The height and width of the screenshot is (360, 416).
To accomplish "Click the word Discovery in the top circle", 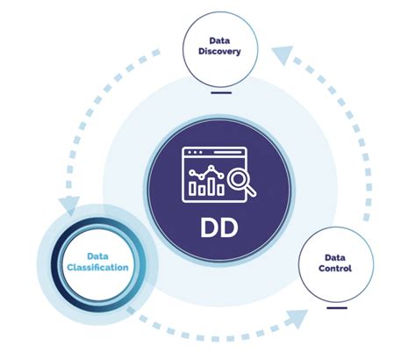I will tap(219, 51).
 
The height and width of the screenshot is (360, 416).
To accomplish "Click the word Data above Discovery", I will tap(219, 40).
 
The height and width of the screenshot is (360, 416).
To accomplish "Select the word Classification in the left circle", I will tap(97, 266).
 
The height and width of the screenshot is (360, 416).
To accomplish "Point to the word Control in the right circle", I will tap(336, 268).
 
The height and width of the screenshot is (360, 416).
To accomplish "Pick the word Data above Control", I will tap(336, 256).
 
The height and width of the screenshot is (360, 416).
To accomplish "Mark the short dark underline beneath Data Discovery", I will tap(220, 90).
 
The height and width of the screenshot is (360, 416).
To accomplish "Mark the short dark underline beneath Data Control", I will tap(336, 307).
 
